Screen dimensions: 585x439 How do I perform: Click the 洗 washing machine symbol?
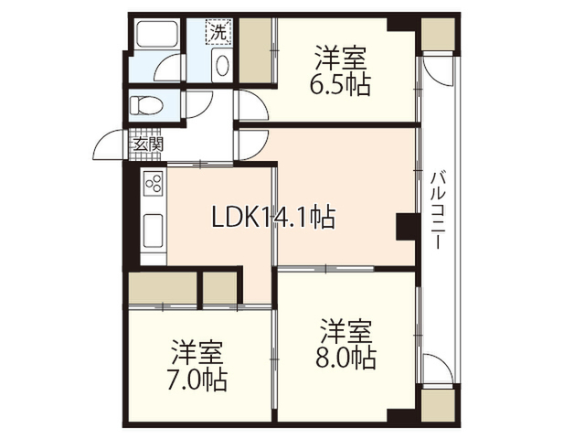(218, 32)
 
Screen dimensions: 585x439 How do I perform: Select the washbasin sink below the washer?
(221, 65)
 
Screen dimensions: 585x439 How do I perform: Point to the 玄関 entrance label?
(148, 145)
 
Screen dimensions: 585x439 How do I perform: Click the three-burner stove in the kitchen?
(154, 183)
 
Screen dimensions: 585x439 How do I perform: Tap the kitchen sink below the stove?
(153, 230)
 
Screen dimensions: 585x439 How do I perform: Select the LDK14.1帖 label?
(273, 217)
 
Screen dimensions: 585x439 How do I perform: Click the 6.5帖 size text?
(339, 86)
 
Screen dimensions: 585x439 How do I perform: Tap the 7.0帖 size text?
(197, 380)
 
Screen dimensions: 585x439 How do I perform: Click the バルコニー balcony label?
(437, 210)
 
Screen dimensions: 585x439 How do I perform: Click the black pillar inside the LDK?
(406, 227)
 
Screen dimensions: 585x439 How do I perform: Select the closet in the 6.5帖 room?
(255, 50)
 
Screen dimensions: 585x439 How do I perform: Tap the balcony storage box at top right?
(438, 34)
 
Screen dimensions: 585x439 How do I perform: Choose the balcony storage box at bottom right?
(438, 406)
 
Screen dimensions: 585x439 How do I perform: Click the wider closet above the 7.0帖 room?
(163, 287)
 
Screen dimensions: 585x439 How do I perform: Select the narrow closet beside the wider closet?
(220, 287)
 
